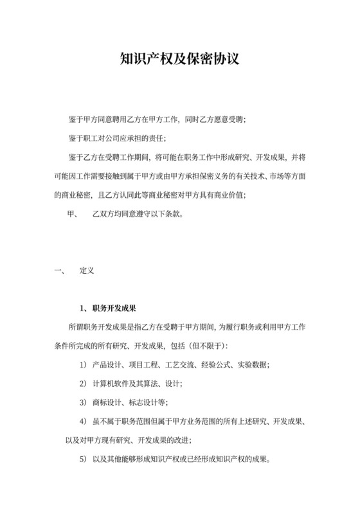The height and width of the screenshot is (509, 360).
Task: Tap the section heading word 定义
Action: pyautogui.click(x=87, y=271)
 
